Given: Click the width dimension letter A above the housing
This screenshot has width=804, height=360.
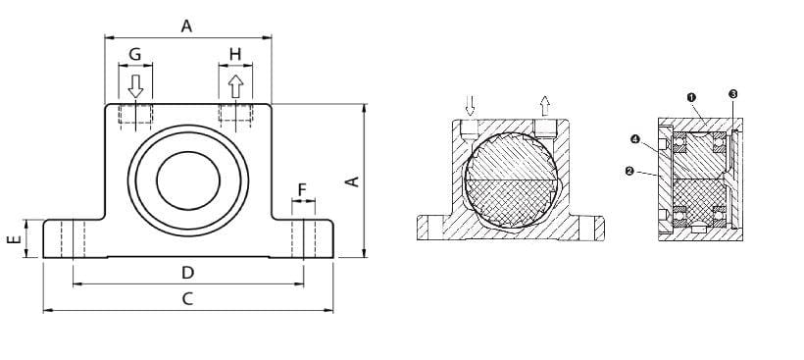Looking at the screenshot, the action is pos(186,26).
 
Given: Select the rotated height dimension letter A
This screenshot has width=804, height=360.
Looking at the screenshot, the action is pos(353,181).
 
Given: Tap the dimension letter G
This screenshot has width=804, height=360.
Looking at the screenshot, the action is pos(135,54).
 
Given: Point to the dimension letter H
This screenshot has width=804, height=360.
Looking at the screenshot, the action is pos(235,54).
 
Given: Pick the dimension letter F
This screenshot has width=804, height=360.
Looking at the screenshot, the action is pos(302,190).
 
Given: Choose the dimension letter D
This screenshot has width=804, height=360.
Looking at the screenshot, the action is pos(188,273).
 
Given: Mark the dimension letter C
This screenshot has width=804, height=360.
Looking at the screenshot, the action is pos(188,299).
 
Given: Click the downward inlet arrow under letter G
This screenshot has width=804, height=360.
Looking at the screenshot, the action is pos(135,86).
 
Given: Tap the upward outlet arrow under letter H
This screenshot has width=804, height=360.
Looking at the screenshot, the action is pos(235,86).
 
